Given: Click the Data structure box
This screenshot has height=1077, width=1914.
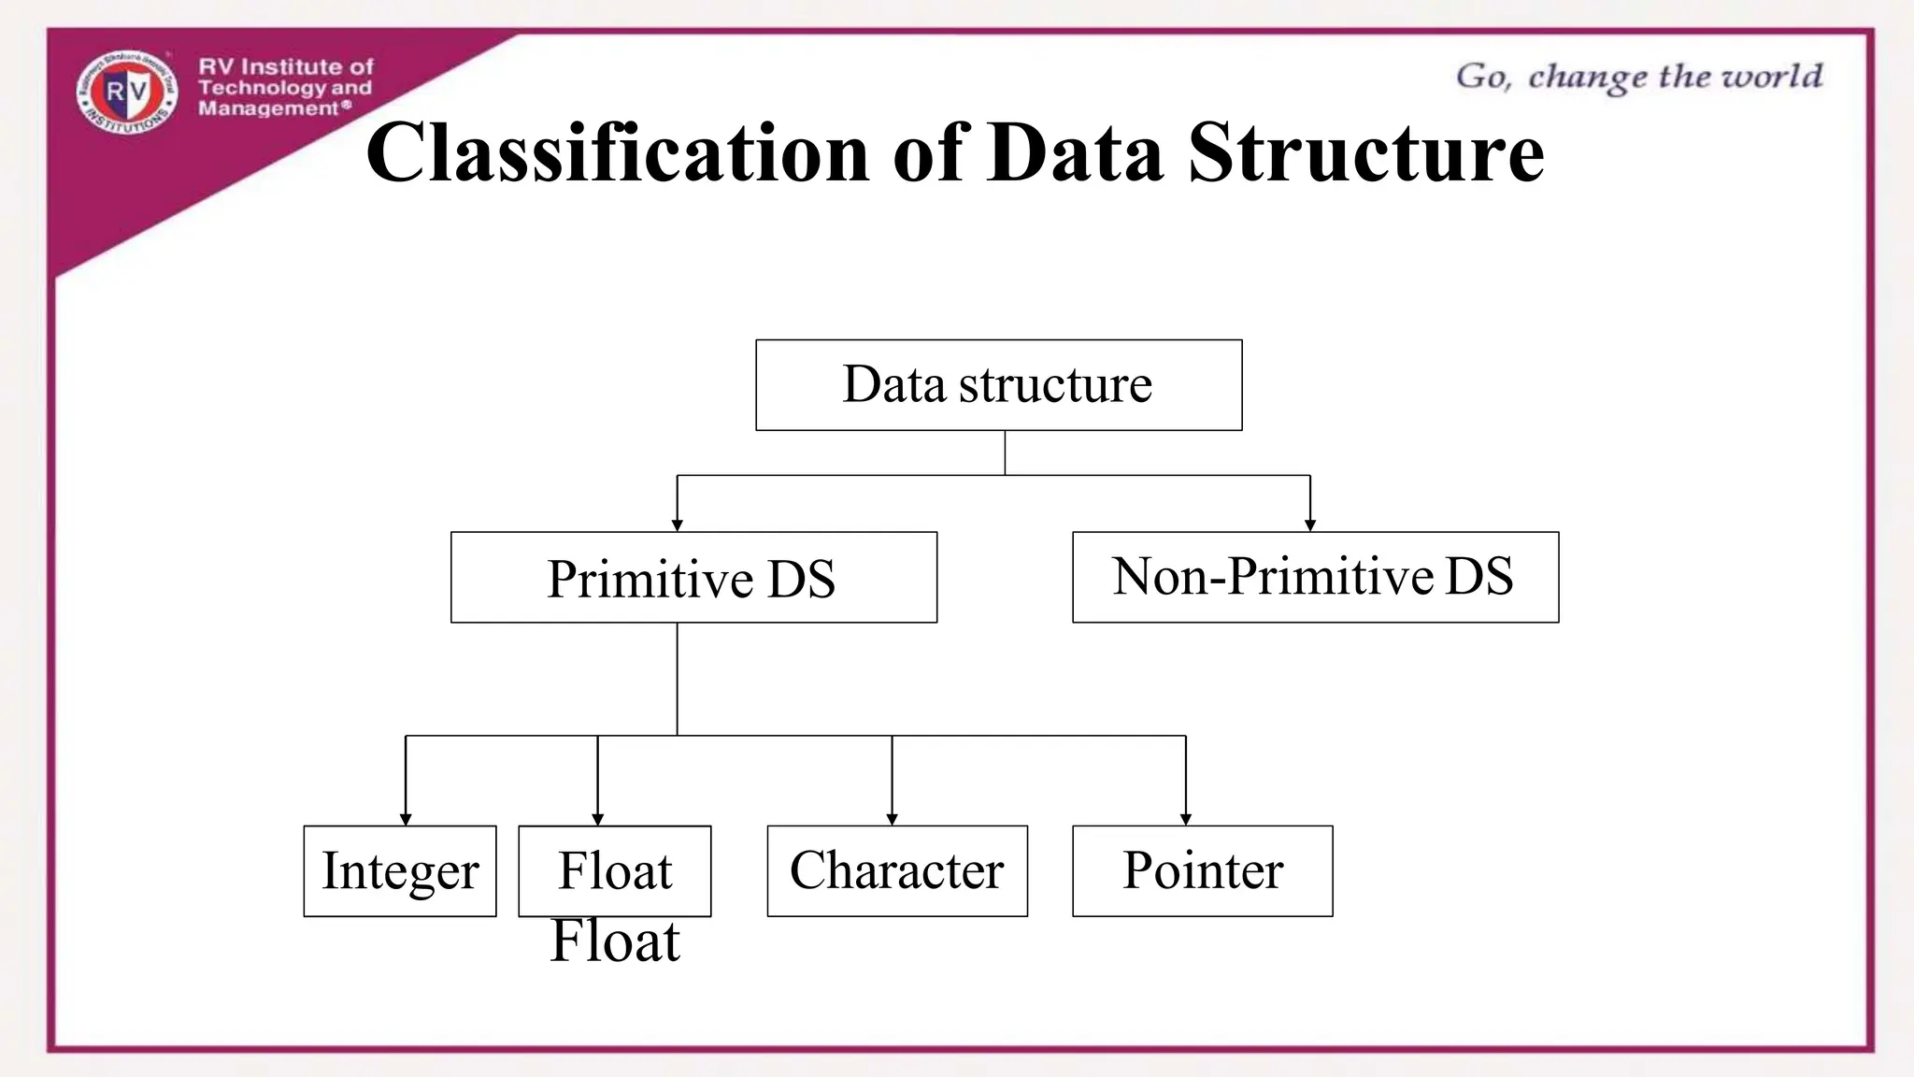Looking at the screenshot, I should [x=998, y=384].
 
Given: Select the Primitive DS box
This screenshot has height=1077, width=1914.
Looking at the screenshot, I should [x=693, y=577].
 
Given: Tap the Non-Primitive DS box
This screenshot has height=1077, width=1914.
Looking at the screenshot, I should [x=1315, y=576].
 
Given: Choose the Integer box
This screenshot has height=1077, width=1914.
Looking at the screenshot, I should [x=400, y=870].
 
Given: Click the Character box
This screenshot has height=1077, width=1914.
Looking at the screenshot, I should [x=897, y=870].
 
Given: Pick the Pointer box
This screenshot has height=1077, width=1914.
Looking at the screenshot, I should [x=1202, y=870].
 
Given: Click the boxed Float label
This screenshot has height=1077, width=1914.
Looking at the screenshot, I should [x=615, y=870].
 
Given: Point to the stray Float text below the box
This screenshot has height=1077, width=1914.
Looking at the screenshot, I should [x=615, y=941].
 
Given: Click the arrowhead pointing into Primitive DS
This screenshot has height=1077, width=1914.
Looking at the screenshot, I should [x=677, y=525].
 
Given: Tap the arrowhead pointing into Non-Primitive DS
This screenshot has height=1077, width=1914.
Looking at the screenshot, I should [x=1310, y=525].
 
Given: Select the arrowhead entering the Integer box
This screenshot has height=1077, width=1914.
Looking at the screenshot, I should [x=406, y=819].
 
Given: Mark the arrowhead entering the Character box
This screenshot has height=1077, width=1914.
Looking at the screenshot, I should [x=892, y=819].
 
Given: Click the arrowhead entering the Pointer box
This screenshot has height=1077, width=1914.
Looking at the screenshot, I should [x=1186, y=819].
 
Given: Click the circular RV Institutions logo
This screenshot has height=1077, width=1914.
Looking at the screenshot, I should [x=127, y=91].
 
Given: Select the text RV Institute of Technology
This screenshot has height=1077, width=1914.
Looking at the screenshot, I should [x=285, y=77].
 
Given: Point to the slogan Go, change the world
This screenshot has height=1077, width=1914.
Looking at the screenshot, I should [x=1639, y=77].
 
